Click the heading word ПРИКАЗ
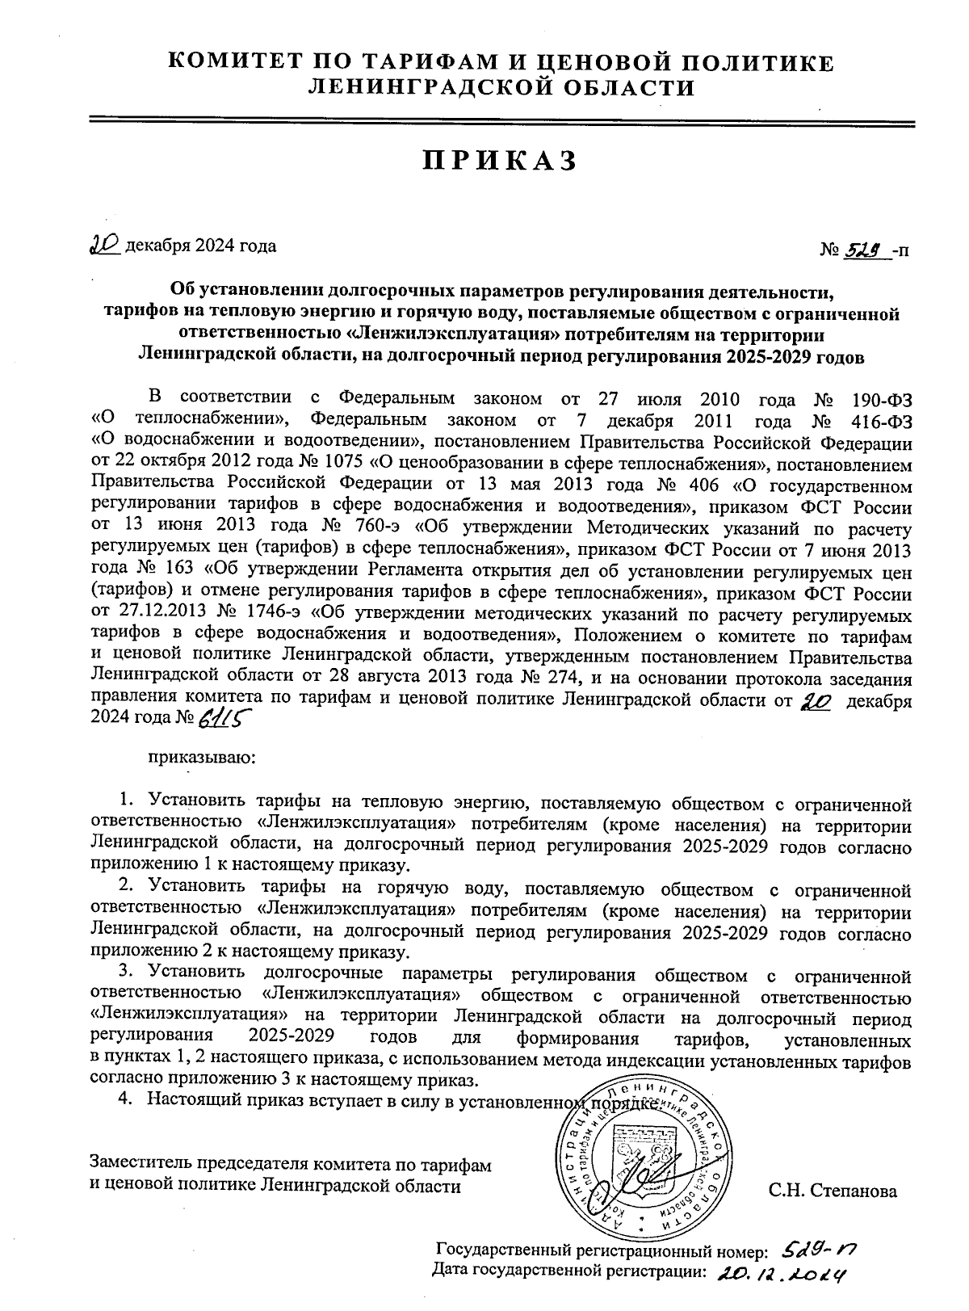click(x=500, y=161)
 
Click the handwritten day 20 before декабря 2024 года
click(x=104, y=246)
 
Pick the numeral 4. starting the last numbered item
click(x=125, y=1102)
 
